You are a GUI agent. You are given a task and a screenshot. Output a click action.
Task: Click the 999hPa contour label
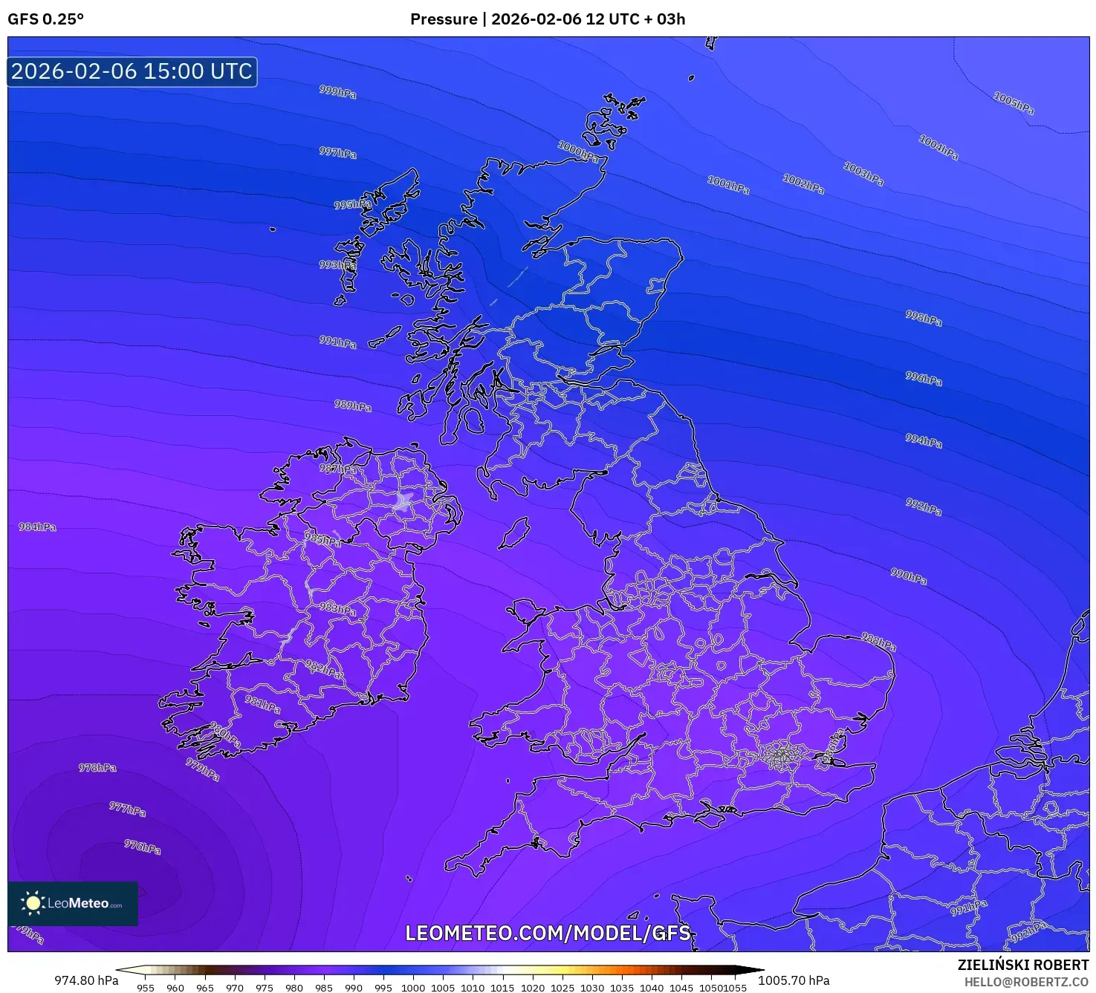point(337,92)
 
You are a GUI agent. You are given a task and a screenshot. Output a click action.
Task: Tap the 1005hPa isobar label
point(1014,102)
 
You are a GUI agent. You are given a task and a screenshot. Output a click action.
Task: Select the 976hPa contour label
point(142,847)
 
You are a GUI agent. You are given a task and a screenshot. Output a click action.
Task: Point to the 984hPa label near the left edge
point(37,527)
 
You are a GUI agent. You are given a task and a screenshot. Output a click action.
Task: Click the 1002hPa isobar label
point(803,183)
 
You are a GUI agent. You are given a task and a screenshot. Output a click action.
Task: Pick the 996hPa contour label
point(924,379)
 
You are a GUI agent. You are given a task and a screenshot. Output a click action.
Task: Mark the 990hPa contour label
point(909,576)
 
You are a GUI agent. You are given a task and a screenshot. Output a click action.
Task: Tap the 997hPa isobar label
point(337,153)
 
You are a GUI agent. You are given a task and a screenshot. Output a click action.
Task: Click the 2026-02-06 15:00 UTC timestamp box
point(132,71)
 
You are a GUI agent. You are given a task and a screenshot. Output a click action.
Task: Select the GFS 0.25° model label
point(45,19)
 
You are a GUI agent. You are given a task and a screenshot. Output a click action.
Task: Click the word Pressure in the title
point(444,19)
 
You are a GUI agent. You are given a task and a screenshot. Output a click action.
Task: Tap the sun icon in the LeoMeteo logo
point(33,903)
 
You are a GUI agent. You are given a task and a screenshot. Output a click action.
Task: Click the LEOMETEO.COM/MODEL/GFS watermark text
point(548,933)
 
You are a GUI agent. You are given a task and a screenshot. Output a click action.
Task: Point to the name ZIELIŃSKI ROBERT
point(1022,965)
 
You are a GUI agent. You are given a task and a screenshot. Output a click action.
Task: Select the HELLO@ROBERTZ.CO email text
point(1026,982)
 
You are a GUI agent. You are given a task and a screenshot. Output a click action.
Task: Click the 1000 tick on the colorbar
point(413,987)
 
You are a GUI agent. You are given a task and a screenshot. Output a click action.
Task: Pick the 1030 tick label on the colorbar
point(591,987)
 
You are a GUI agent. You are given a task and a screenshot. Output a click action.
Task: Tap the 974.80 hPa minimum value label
point(86,980)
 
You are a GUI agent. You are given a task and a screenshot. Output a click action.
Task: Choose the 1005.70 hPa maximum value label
point(794,980)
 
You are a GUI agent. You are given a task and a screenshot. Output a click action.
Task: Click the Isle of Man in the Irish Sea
point(513,533)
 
